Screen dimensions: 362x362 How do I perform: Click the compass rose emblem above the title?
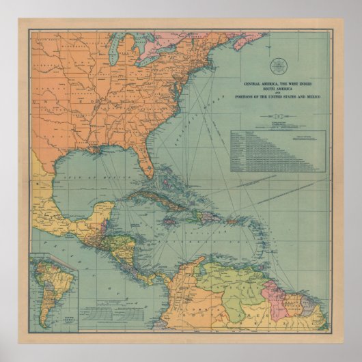point(278,66)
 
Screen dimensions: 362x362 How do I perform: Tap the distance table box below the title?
point(279,151)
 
